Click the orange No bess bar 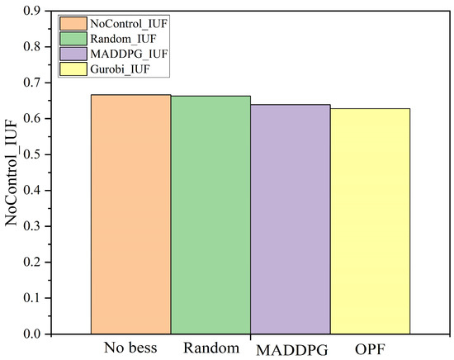pos(131,215)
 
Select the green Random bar pos(210,215)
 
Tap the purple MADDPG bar pos(291,220)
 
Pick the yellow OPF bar pos(371,221)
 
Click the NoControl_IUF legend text pos(129,23)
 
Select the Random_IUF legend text pos(123,39)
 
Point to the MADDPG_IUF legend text pos(129,54)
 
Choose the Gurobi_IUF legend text pos(120,69)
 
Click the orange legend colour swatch pos(73,23)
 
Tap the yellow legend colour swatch pos(73,69)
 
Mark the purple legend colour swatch pos(73,54)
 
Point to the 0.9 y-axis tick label pos(32,11)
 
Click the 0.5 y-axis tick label pos(32,154)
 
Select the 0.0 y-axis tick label pos(32,334)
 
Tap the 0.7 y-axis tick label pos(32,83)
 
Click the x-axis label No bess pos(130,348)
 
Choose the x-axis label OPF pos(370,350)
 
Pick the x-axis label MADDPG pos(292,350)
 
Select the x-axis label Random pos(211,348)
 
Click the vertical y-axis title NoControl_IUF pos(12,173)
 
